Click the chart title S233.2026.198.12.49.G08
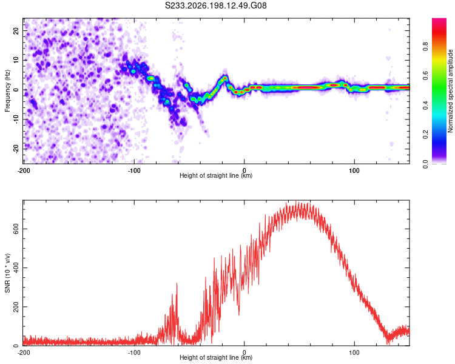pos(215,5)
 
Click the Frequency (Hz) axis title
pos(7,90)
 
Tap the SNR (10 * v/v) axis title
pos(7,273)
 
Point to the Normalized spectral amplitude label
pos(450,91)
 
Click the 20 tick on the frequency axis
pos(16,30)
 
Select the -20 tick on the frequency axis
pos(16,149)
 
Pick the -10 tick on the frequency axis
pos(16,120)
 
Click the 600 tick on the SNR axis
pos(16,229)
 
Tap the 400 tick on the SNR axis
pos(16,268)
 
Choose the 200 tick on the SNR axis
pos(16,306)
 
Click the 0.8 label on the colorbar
pos(425,47)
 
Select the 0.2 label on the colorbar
pos(425,135)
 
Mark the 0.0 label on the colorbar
pos(425,164)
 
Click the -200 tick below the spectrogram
pos(24,170)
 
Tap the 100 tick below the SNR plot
pos(354,352)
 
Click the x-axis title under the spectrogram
pos(216,175)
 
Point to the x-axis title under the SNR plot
pos(216,357)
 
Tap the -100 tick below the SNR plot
pos(134,352)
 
